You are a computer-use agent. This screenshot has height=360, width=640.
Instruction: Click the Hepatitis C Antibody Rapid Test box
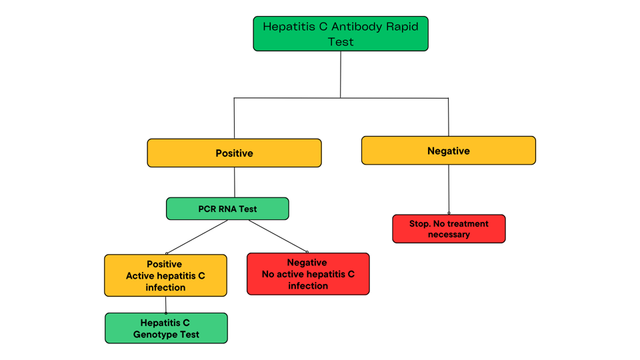point(341,34)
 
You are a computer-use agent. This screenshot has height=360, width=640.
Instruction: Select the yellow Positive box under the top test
point(234,153)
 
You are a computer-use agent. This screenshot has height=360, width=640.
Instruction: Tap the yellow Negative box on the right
point(448,151)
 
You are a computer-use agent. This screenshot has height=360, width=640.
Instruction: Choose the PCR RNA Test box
point(227,209)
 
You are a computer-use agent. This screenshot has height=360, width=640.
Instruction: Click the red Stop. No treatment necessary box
point(449,229)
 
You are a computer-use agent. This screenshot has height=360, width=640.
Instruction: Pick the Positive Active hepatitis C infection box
point(165,275)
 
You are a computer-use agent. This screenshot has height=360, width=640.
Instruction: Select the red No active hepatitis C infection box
point(308,274)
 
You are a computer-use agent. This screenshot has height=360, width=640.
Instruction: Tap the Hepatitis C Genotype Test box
point(166,328)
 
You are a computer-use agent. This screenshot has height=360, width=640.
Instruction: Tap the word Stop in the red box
point(420,224)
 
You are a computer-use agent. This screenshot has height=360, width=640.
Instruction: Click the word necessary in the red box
point(449,235)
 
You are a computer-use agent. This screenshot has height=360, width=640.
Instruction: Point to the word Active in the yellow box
point(142,276)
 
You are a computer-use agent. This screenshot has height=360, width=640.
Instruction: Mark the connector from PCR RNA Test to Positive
point(197,237)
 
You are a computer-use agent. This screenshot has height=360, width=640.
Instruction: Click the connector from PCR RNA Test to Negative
point(278,236)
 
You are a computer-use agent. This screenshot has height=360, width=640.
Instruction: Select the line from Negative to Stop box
point(449,189)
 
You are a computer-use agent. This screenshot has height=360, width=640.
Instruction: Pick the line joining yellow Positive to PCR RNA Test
point(235,182)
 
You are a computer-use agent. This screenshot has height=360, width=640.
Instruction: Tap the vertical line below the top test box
point(341,74)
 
